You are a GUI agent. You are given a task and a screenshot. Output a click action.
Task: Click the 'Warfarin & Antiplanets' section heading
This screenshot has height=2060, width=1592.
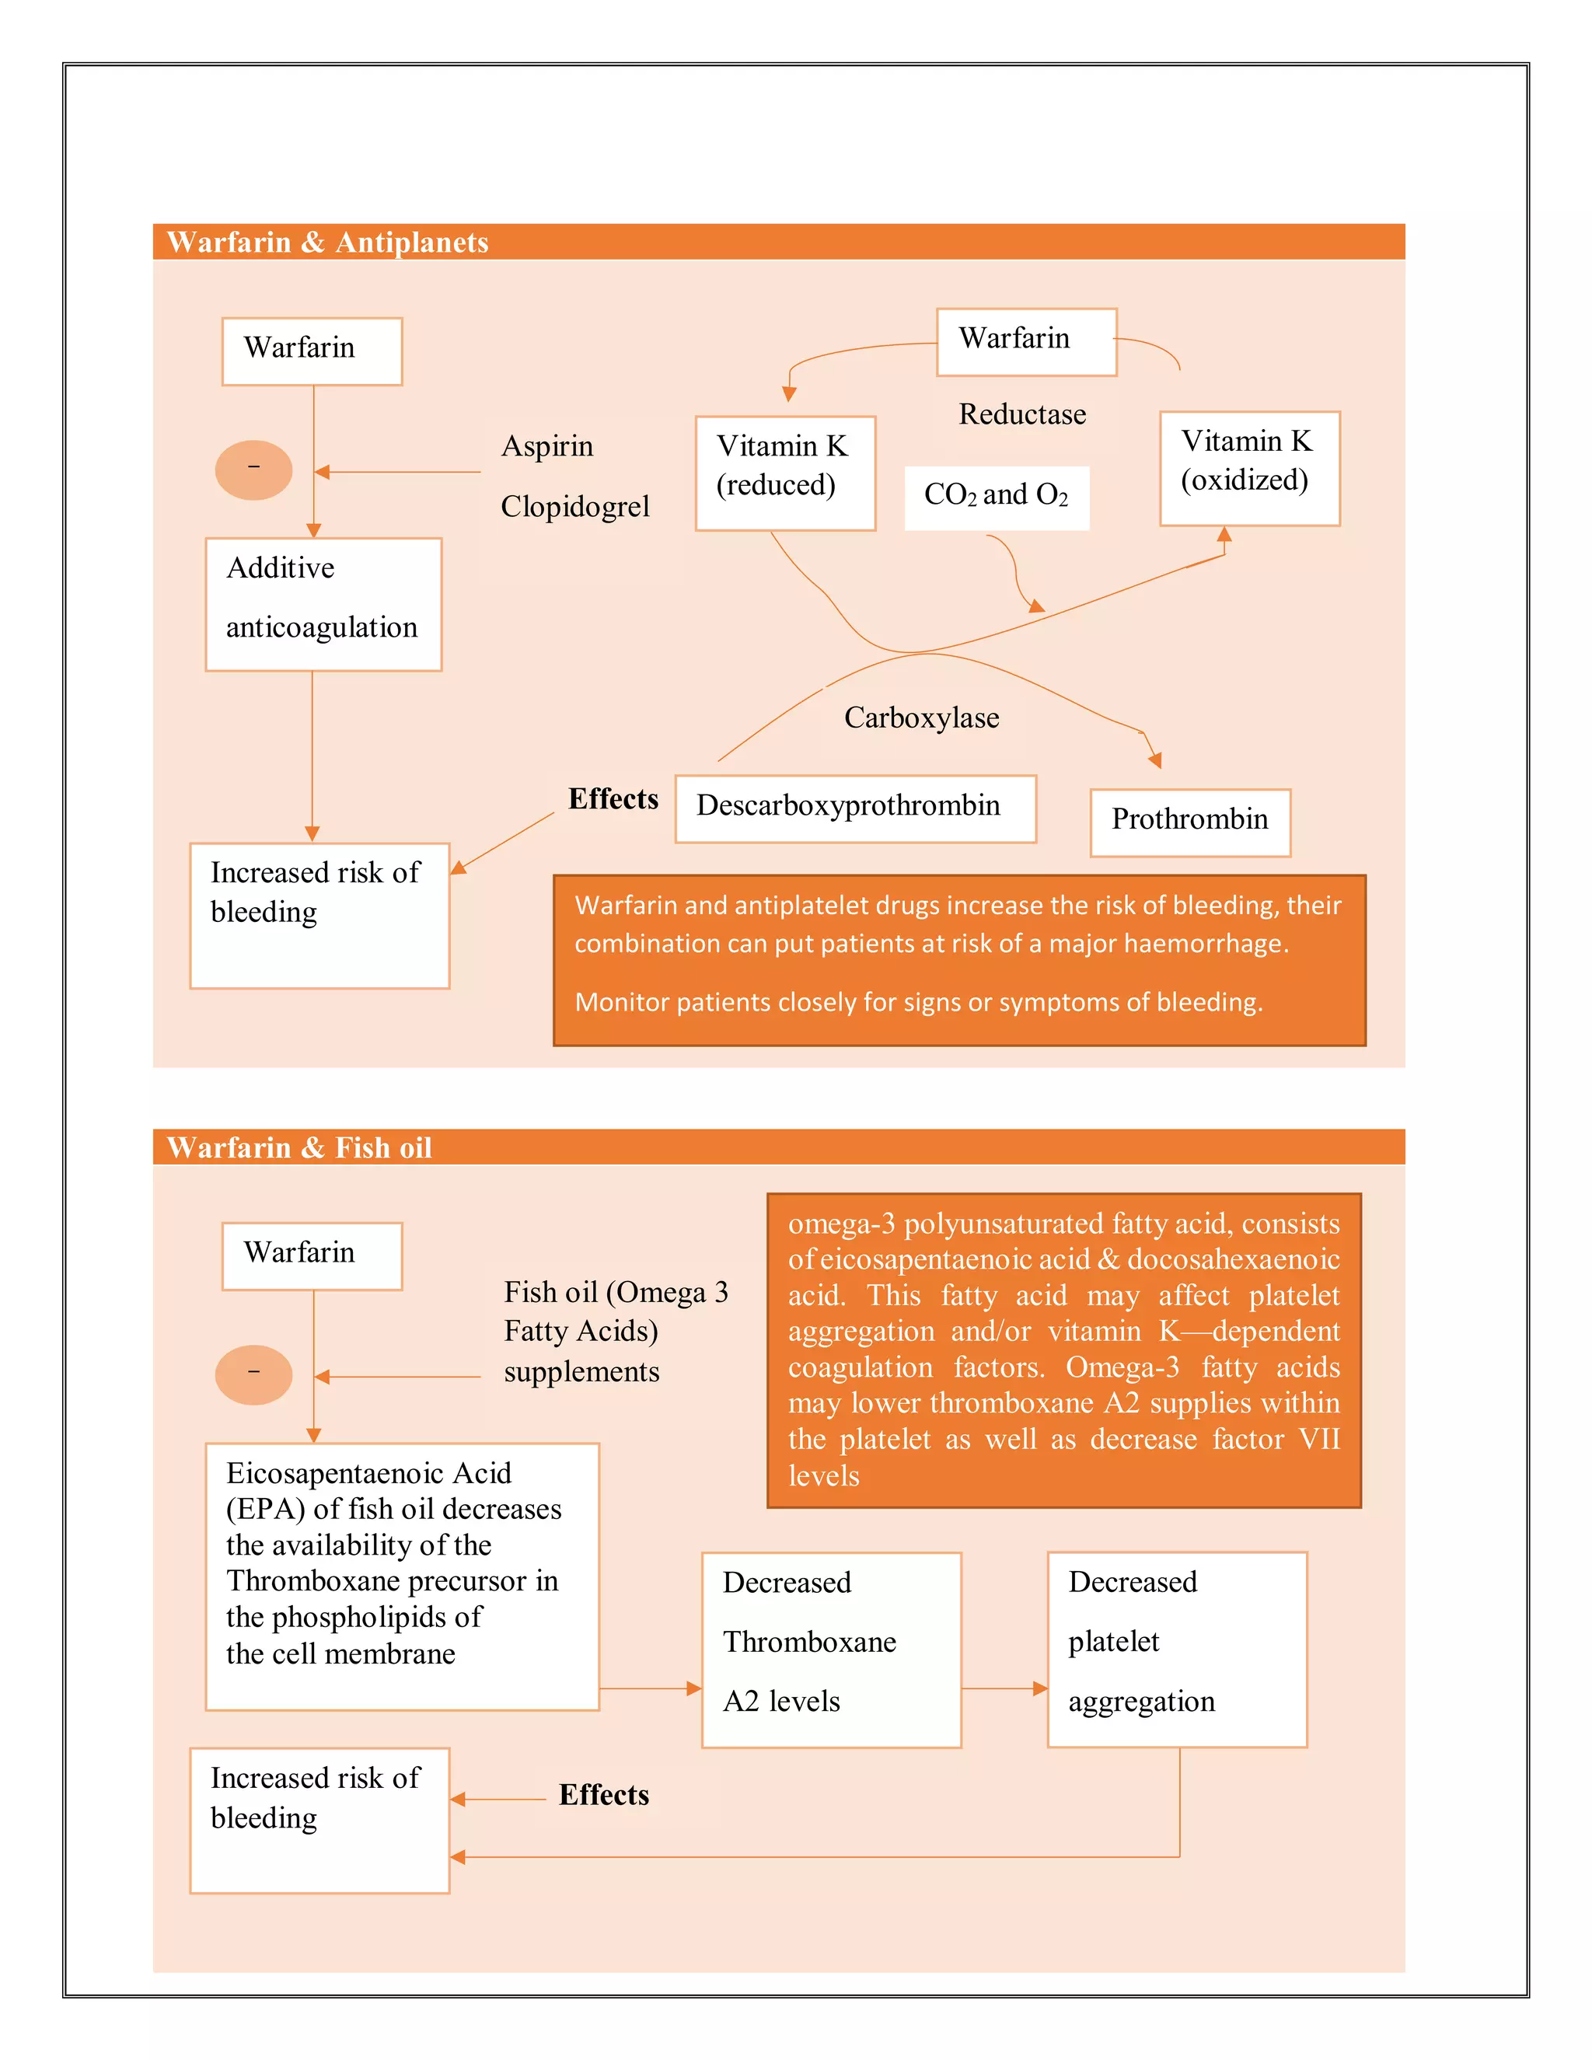tap(327, 243)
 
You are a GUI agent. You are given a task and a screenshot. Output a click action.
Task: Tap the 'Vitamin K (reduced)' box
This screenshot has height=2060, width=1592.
tap(784, 473)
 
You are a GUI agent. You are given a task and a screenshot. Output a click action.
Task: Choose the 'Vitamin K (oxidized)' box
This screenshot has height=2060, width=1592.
tap(1248, 468)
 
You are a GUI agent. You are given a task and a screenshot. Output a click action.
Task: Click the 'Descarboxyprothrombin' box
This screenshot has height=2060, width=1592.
tap(854, 808)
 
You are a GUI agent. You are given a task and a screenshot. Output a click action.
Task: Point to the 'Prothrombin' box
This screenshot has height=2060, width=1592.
tap(1189, 822)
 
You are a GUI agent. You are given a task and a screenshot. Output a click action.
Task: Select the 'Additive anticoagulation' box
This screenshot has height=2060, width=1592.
tap(323, 604)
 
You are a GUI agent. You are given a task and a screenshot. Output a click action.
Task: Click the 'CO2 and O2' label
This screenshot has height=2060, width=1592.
tap(996, 496)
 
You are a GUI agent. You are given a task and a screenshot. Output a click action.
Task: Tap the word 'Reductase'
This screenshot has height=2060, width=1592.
tap(1022, 414)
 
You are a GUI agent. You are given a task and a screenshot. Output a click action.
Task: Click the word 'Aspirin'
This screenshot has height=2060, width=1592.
tap(547, 446)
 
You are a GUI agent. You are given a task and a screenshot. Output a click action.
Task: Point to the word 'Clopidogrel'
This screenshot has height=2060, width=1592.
tap(574, 507)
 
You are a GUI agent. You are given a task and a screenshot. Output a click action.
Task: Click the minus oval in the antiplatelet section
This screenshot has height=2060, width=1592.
tap(253, 470)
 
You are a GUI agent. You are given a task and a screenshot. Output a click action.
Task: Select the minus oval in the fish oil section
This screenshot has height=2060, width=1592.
tap(253, 1374)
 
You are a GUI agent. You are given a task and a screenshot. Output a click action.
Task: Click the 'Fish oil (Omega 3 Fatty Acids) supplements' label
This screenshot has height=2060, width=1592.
tap(615, 1331)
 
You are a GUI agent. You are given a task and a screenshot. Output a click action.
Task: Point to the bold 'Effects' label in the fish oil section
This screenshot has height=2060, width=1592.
tap(603, 1794)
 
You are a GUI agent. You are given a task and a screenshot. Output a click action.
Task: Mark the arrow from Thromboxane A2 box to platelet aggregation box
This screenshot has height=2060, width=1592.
tap(1004, 1688)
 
